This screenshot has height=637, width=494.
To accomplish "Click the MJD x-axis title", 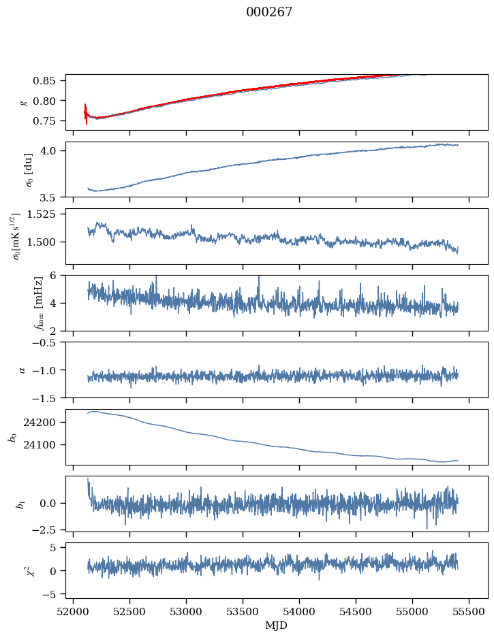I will (277, 625).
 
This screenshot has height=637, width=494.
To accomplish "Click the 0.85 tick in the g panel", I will (49, 81).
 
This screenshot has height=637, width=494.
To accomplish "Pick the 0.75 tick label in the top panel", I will (49, 121).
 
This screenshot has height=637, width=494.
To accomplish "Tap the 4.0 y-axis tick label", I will (53, 150).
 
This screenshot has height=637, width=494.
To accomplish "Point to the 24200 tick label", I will (45, 423).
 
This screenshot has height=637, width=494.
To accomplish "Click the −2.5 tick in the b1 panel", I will (48, 529).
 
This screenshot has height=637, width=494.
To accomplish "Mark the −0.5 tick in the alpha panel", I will (48, 342).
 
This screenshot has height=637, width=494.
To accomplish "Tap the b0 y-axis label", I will (13, 436).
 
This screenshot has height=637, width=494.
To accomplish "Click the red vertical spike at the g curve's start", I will (86, 114).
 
